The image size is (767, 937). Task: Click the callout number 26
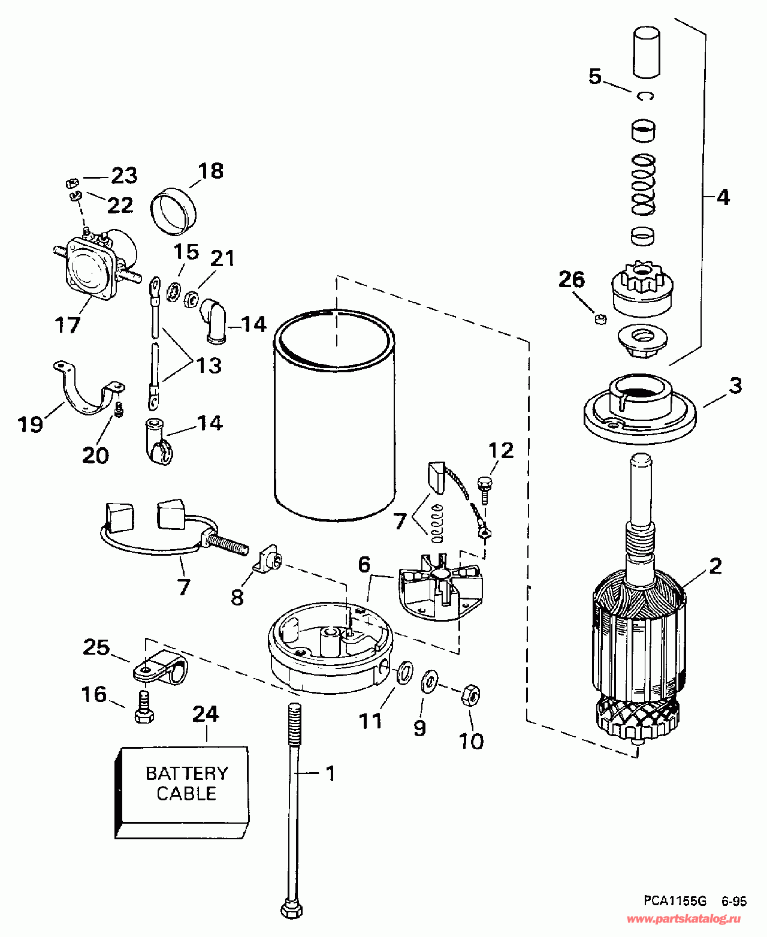(x=572, y=280)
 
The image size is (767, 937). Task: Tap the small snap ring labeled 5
(x=645, y=95)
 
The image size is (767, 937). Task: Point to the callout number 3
(x=735, y=385)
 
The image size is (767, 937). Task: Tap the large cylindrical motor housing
(x=335, y=415)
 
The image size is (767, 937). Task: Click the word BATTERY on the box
(x=187, y=773)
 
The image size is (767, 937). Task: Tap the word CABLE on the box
(x=186, y=794)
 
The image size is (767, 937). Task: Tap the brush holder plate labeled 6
(x=440, y=586)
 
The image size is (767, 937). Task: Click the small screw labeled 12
(x=484, y=490)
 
